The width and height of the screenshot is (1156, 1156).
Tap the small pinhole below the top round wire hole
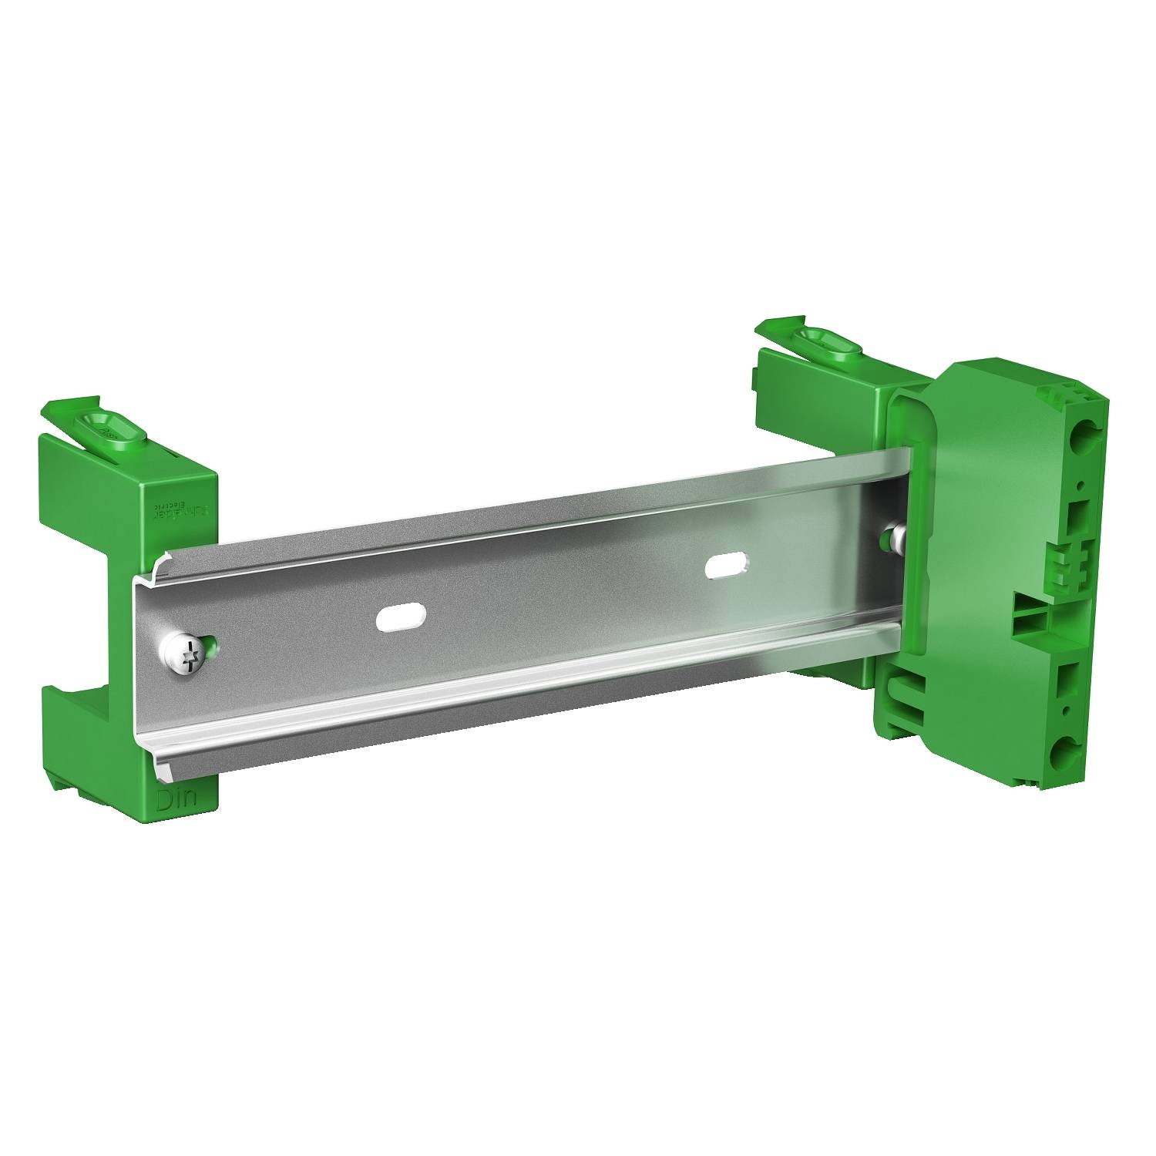(1084, 485)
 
